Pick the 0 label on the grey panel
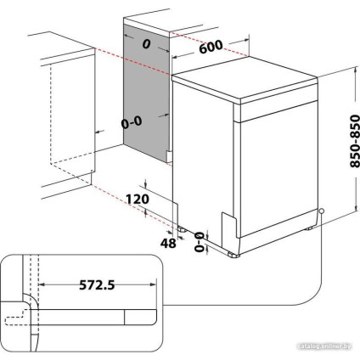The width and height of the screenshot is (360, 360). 145,42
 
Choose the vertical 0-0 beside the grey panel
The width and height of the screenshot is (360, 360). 131,123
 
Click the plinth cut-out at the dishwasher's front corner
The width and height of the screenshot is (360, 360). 227,222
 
